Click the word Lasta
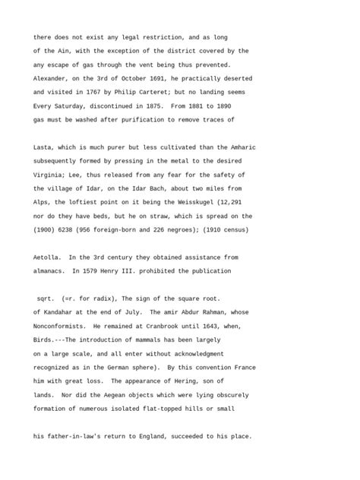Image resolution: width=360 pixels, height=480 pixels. (x=45, y=147)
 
